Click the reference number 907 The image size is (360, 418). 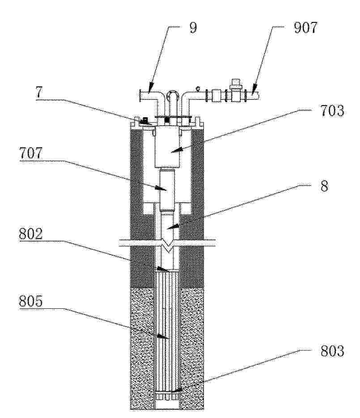(x=305, y=28)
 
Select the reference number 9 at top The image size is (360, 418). (x=193, y=27)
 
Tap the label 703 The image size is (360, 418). (x=332, y=111)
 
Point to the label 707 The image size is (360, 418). (x=31, y=154)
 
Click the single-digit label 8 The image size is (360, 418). (x=324, y=186)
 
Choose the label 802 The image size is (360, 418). (x=31, y=234)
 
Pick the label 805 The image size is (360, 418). (x=31, y=302)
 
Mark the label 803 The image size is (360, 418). (x=332, y=351)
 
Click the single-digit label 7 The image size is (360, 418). (x=39, y=93)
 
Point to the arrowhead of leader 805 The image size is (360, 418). (x=162, y=337)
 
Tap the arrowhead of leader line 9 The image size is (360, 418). (x=150, y=88)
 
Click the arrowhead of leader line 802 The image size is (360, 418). (x=163, y=269)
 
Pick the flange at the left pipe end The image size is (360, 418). (x=140, y=95)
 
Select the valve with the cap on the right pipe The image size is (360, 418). (x=235, y=91)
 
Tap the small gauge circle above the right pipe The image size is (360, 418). (x=198, y=88)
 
